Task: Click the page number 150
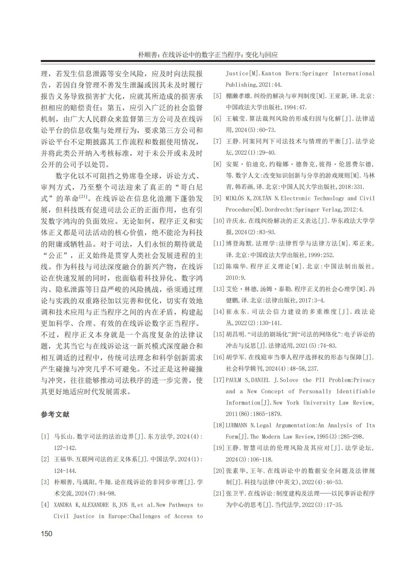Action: click(47, 533)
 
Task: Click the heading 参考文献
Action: click(55, 414)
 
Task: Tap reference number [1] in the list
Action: click(45, 436)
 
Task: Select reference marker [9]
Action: click(217, 198)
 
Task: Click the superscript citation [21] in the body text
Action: click(83, 196)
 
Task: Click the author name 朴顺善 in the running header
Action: click(147, 55)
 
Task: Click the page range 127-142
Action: click(65, 448)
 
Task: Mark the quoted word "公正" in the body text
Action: click(55, 255)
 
